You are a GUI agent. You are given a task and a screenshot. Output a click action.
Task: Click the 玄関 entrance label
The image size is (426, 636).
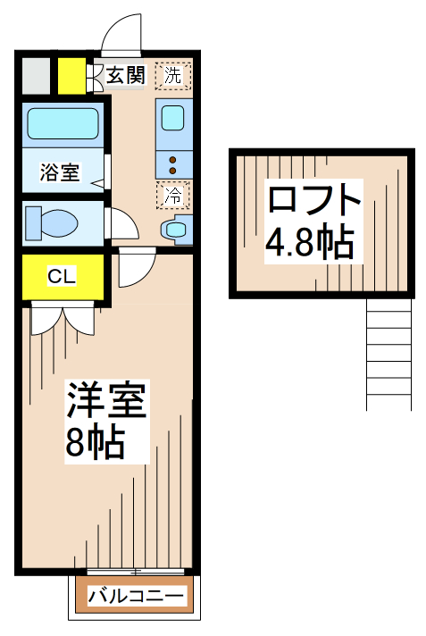pos(126,75)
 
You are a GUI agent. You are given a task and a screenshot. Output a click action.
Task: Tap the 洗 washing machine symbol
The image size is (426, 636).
pos(172,75)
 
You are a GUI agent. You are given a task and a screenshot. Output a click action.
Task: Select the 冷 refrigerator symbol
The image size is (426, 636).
pos(172,192)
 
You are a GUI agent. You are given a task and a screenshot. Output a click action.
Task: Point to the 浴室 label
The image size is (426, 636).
pos(60,172)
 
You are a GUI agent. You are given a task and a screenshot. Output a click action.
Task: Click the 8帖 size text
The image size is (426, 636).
pos(94,442)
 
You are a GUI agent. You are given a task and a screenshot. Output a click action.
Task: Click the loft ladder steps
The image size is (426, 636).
pos(388,354)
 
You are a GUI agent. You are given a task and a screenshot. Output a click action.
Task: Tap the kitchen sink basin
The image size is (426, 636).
pos(173,120)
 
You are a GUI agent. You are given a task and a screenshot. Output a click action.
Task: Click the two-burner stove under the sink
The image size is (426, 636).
pos(172,163)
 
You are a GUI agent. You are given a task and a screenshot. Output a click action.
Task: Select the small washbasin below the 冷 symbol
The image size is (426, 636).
pos(174,230)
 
